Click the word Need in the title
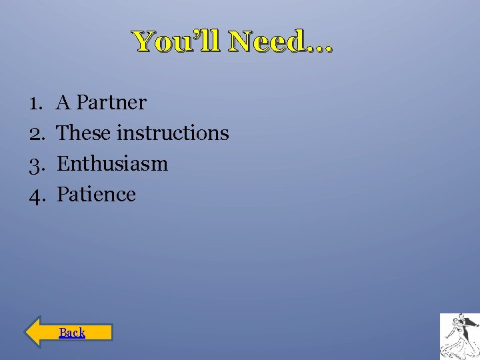click(x=266, y=42)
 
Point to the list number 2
click(x=35, y=133)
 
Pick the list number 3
click(x=35, y=164)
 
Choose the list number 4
click(x=35, y=195)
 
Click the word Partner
click(x=111, y=103)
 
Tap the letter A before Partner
click(x=64, y=103)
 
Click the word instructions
click(x=173, y=133)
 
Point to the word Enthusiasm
click(x=113, y=164)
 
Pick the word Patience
click(x=97, y=195)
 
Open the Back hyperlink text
click(x=72, y=332)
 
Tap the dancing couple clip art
click(x=459, y=336)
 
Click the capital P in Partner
click(x=82, y=103)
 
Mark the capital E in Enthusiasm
click(x=63, y=164)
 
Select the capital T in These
click(x=63, y=133)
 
